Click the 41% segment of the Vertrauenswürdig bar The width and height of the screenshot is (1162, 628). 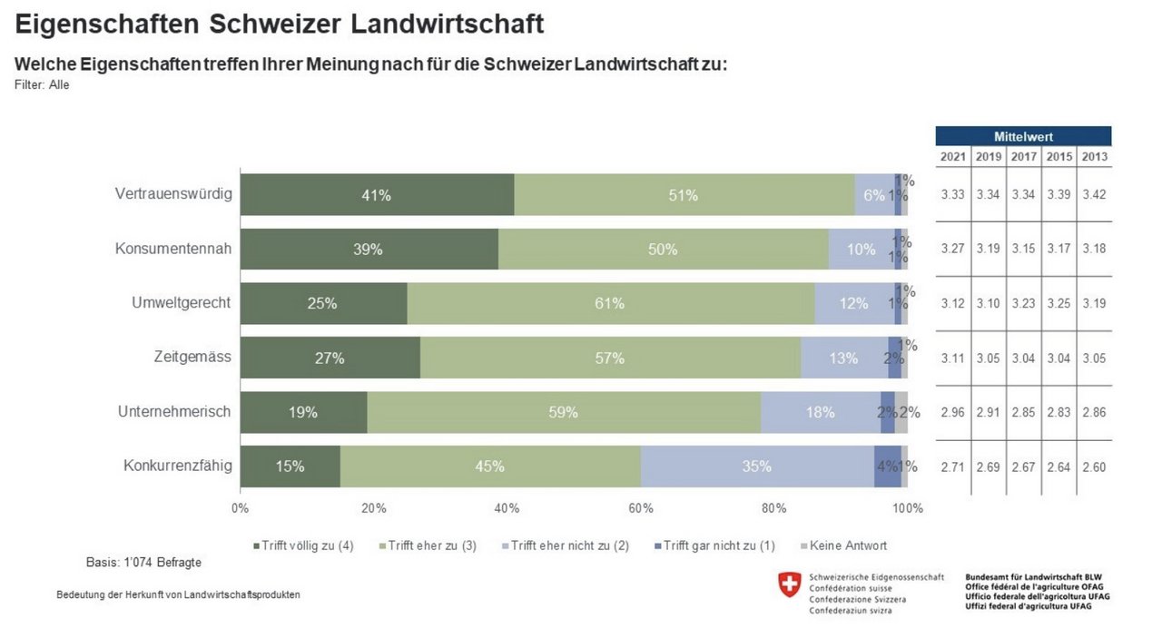tap(377, 195)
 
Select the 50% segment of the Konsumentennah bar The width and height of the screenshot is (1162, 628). tap(663, 250)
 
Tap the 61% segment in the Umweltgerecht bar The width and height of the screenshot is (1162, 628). tap(610, 304)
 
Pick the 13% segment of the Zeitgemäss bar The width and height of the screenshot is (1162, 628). tap(843, 358)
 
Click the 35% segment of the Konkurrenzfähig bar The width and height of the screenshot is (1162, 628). tap(756, 466)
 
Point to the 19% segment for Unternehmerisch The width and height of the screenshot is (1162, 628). tap(303, 413)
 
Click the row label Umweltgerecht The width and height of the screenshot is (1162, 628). tap(182, 303)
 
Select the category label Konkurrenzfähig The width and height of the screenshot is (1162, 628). tap(178, 466)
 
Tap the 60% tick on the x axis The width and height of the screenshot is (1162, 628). tap(640, 508)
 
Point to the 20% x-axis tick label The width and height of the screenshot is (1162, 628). tap(373, 508)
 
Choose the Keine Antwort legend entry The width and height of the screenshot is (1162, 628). tap(847, 545)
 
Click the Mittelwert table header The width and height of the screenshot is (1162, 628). tap(1023, 136)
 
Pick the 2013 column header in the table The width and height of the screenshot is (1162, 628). tap(1094, 156)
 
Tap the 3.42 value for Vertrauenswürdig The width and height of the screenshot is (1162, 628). tap(1094, 195)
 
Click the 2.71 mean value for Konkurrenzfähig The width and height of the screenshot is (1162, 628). tap(953, 466)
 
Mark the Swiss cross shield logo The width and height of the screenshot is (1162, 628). tap(790, 585)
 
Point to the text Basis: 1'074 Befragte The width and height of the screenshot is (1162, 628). tap(143, 563)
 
